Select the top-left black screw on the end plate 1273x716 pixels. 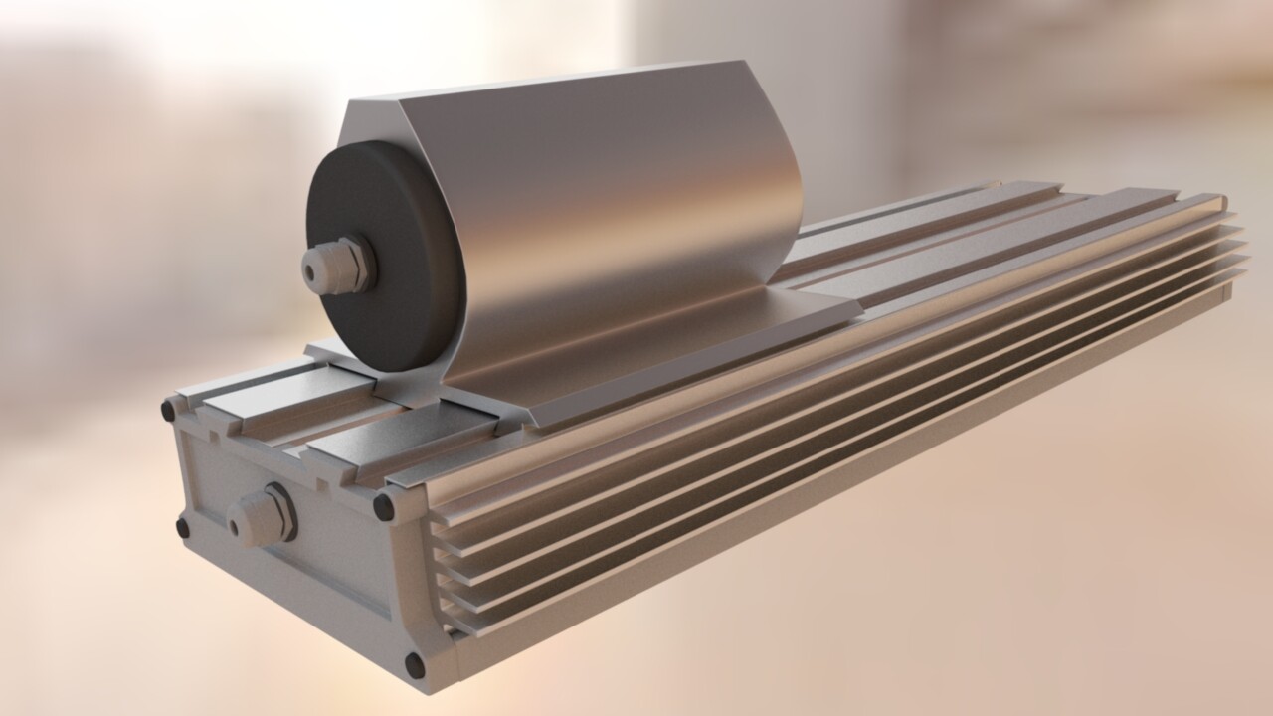[169, 409]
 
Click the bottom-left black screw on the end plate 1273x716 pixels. [184, 528]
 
